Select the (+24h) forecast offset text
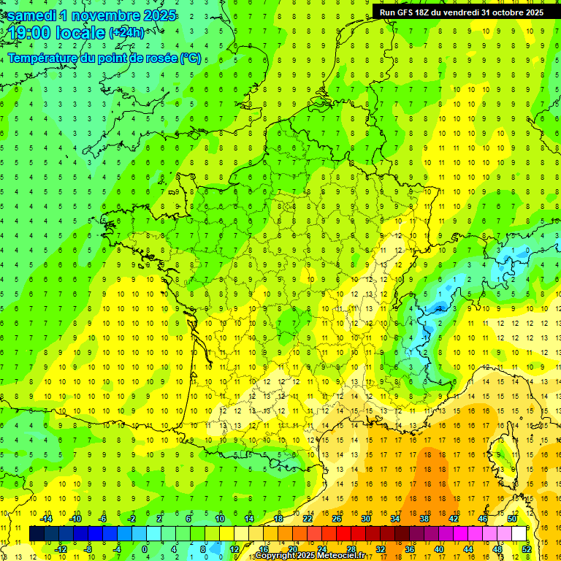point(126,33)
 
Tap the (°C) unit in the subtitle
point(191,58)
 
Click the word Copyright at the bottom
point(275,556)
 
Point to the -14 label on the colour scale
point(47,519)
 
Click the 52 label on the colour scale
point(526,549)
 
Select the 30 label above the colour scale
point(365,519)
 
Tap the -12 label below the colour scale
point(61,549)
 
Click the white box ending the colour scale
point(519,534)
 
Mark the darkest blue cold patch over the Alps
point(439,308)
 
